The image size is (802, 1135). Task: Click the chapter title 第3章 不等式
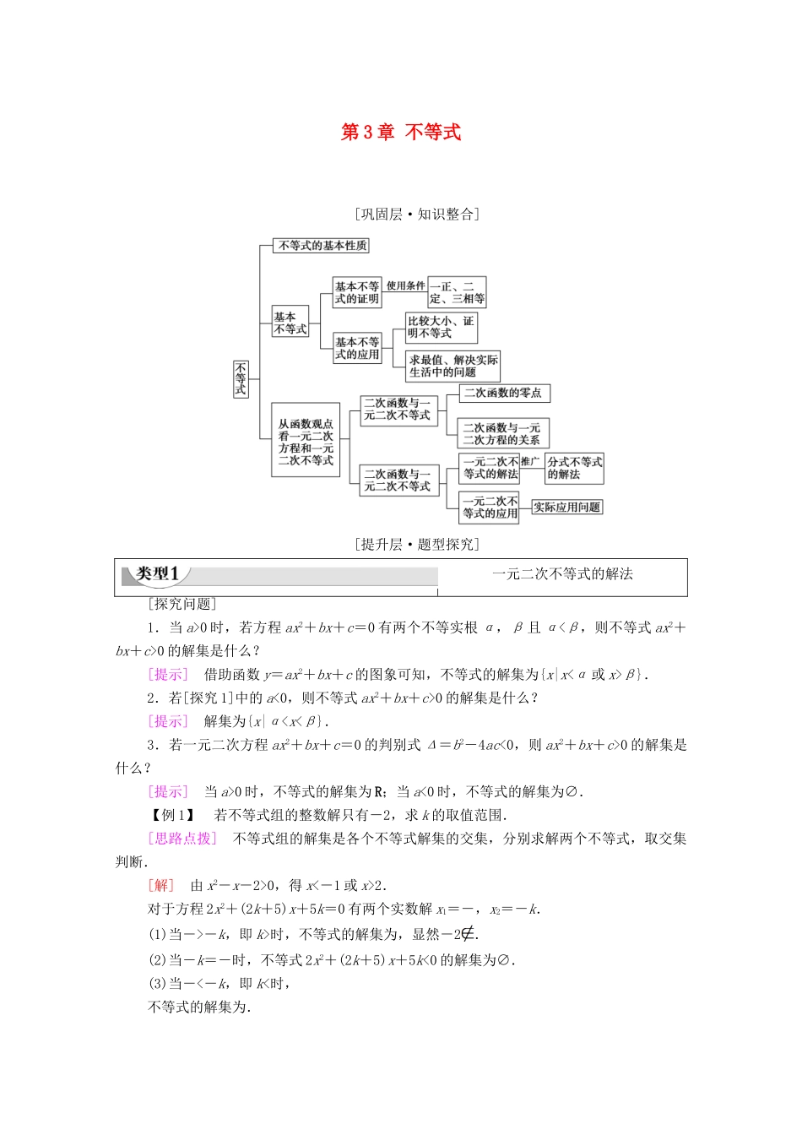pos(401,132)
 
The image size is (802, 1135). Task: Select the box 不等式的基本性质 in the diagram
pos(322,246)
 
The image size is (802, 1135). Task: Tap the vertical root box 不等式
pos(241,379)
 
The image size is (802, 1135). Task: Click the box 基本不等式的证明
pos(356,292)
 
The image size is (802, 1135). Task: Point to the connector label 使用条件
pos(405,286)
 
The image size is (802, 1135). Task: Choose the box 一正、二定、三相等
pos(457,292)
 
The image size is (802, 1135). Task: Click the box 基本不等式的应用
pos(356,348)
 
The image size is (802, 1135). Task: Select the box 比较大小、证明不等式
pos(441,327)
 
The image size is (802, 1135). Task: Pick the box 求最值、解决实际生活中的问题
pos(452,366)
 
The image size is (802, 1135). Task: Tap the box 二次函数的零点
pos(504,393)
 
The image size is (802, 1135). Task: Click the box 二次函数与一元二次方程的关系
pos(503,433)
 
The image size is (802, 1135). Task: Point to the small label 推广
pos(529,462)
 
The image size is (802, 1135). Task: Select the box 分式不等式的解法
pos(574,468)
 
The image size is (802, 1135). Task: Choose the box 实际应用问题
pos(566,508)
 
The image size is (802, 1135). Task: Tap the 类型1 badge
pos(158,575)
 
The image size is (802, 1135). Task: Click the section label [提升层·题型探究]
pos(417,545)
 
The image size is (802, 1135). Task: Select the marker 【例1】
pos(173,815)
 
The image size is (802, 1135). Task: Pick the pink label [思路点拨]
pos(182,839)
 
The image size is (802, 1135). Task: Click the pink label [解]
pos(160,885)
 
